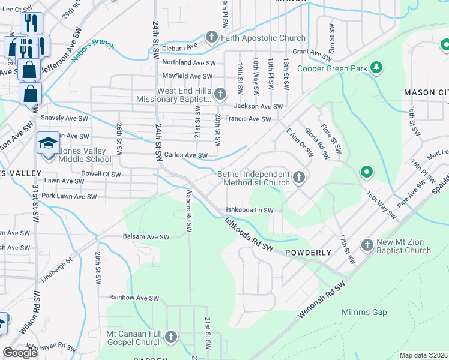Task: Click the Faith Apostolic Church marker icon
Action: point(211,38)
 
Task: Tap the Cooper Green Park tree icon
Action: point(376,68)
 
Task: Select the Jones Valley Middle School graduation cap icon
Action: point(49,143)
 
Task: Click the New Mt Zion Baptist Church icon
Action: point(367,245)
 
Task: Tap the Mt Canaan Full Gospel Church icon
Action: point(171,337)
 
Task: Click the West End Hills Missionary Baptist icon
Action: point(220,94)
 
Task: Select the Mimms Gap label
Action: point(364,312)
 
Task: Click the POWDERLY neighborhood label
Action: point(308,253)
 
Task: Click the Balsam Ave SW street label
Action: point(146,237)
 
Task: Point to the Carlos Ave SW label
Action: point(185,155)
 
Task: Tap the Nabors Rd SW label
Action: point(188,211)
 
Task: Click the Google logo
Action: point(20,352)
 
